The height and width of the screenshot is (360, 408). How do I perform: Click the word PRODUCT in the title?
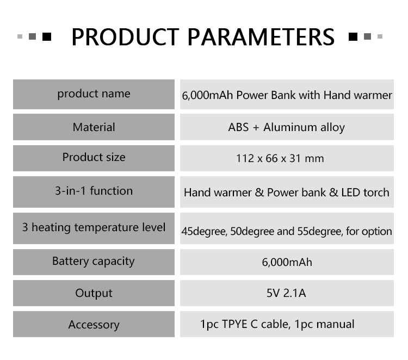126,36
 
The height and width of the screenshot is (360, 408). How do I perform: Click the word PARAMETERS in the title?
261,36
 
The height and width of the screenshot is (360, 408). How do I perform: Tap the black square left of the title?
47,36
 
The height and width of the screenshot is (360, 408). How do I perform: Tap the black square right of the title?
353,36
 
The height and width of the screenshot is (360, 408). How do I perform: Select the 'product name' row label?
94,94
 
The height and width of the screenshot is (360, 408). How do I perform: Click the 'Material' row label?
94,127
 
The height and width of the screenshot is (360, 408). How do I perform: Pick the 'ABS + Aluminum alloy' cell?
287,127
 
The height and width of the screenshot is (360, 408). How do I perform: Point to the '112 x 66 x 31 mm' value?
280,158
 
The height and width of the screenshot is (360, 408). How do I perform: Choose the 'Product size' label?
94,157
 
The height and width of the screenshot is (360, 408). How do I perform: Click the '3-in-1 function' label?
94,191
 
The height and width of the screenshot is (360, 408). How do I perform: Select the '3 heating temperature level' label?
94,227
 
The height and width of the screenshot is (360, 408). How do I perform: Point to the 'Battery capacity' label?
94,261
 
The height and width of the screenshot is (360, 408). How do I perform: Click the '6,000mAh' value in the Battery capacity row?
287,262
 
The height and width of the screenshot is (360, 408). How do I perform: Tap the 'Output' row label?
94,293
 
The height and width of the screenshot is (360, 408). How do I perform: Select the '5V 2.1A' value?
286,293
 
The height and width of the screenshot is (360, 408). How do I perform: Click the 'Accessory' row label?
94,325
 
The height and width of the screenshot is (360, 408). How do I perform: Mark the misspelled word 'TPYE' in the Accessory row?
234,324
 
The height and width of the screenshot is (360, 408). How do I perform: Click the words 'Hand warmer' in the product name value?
358,95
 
